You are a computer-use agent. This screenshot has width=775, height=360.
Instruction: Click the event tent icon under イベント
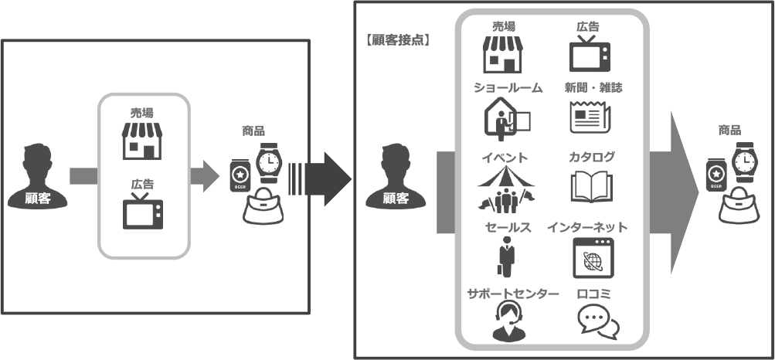click(506, 190)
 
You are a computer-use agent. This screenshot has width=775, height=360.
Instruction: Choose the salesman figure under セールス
click(506, 260)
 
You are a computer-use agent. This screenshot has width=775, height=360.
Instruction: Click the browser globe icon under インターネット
click(593, 260)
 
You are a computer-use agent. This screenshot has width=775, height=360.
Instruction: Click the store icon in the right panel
click(502, 54)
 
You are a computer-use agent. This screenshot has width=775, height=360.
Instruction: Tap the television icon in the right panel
click(590, 53)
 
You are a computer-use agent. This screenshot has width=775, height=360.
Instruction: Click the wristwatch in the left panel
click(268, 161)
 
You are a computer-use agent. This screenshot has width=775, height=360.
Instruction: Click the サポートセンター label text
click(512, 294)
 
